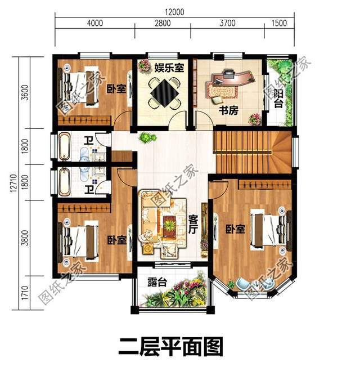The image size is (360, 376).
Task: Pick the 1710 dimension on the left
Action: click(x=24, y=293)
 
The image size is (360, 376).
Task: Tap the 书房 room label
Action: click(x=229, y=110)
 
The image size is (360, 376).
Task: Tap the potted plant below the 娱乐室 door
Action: click(x=147, y=137)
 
